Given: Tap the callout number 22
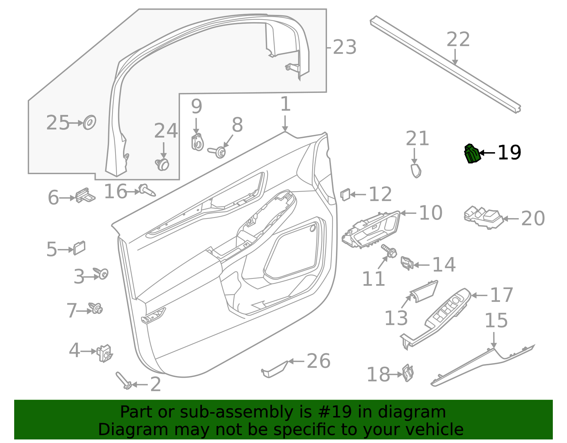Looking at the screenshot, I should click(x=458, y=40).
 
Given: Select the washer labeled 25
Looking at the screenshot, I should click(x=89, y=122).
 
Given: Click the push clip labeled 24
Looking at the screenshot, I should click(x=163, y=164).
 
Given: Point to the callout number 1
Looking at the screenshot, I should click(x=285, y=105).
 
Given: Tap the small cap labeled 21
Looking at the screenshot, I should click(x=416, y=170).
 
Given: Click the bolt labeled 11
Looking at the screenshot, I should click(x=389, y=251).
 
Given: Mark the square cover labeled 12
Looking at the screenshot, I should click(x=345, y=194).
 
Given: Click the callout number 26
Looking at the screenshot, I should click(x=318, y=361).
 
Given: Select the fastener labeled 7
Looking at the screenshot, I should click(x=96, y=308).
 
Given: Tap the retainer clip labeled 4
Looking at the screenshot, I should click(x=104, y=353).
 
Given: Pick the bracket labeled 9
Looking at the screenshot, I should click(x=197, y=142).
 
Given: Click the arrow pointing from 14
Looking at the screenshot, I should click(x=421, y=265).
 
